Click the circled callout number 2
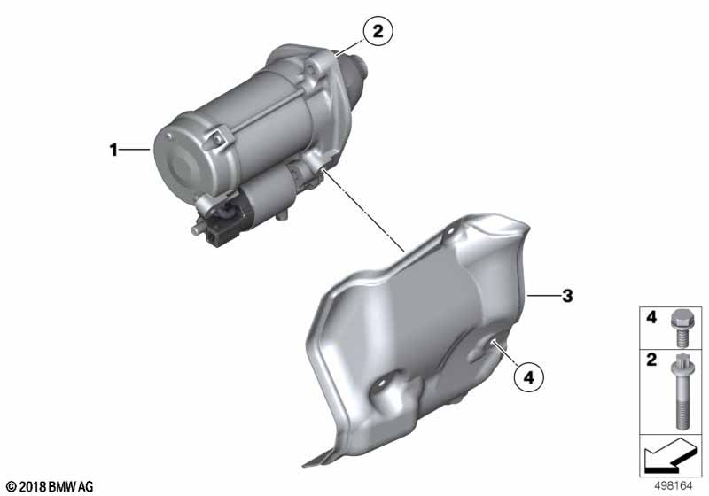(x=378, y=31)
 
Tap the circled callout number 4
(x=528, y=376)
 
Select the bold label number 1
(x=113, y=150)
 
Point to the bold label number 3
(x=567, y=297)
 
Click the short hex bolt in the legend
(x=679, y=328)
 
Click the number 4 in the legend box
(x=651, y=317)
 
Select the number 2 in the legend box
(x=651, y=360)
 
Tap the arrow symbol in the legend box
(x=671, y=455)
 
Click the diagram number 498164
(x=674, y=486)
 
